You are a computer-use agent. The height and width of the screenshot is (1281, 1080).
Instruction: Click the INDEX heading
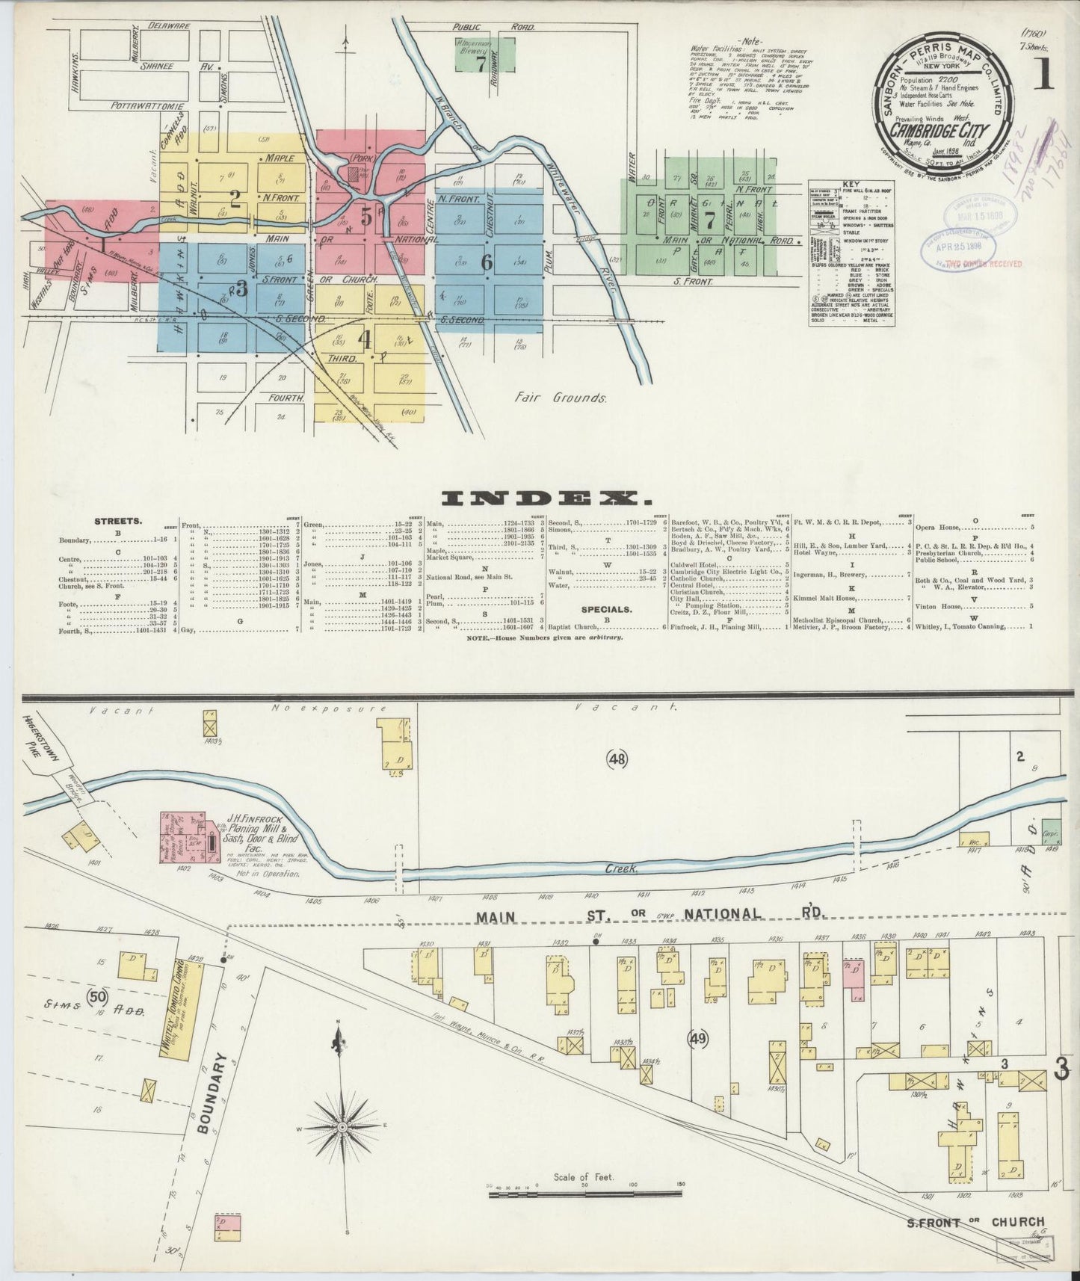pos(540,498)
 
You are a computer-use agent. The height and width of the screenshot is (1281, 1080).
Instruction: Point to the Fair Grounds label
pos(559,398)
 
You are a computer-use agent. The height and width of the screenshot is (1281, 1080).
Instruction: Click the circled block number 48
pos(617,759)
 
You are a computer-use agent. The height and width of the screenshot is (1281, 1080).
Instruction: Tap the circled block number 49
pos(699,1038)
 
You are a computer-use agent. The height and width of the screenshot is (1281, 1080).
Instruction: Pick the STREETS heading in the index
pos(119,521)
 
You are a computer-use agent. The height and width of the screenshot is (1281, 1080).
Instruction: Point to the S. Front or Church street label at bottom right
pos(975,1222)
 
